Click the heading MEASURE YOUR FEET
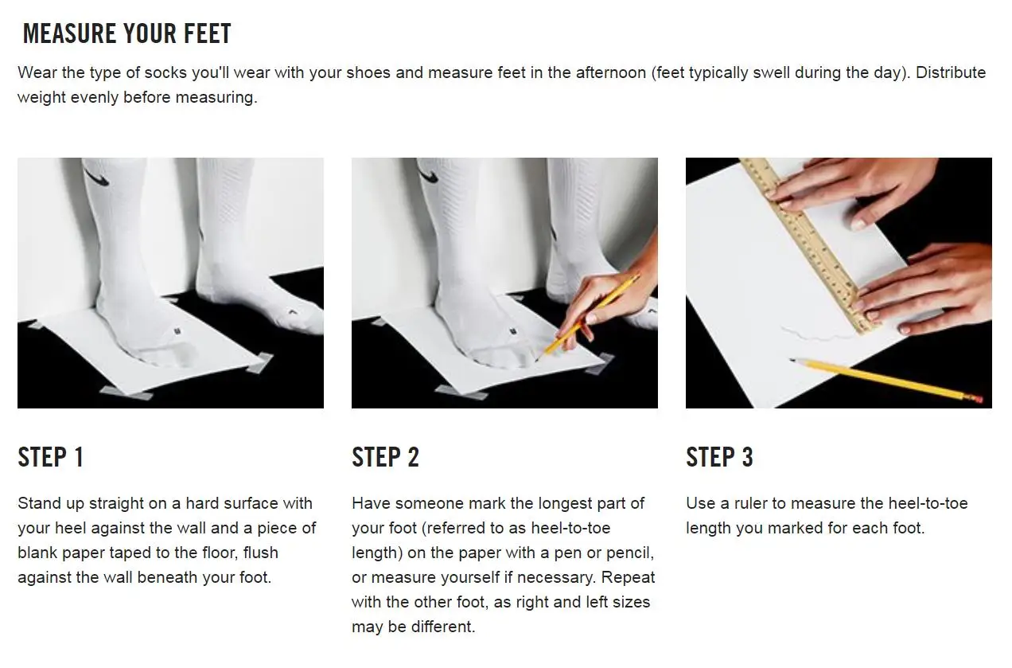point(127,33)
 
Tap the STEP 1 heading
point(51,457)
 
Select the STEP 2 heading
point(385,457)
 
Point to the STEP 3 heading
point(720,457)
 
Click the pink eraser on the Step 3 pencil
point(977,398)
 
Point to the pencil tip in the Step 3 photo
point(792,360)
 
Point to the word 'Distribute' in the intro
point(951,72)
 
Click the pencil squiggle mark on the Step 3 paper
point(818,334)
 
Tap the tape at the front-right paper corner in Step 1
point(259,362)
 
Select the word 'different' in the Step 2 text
point(442,627)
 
